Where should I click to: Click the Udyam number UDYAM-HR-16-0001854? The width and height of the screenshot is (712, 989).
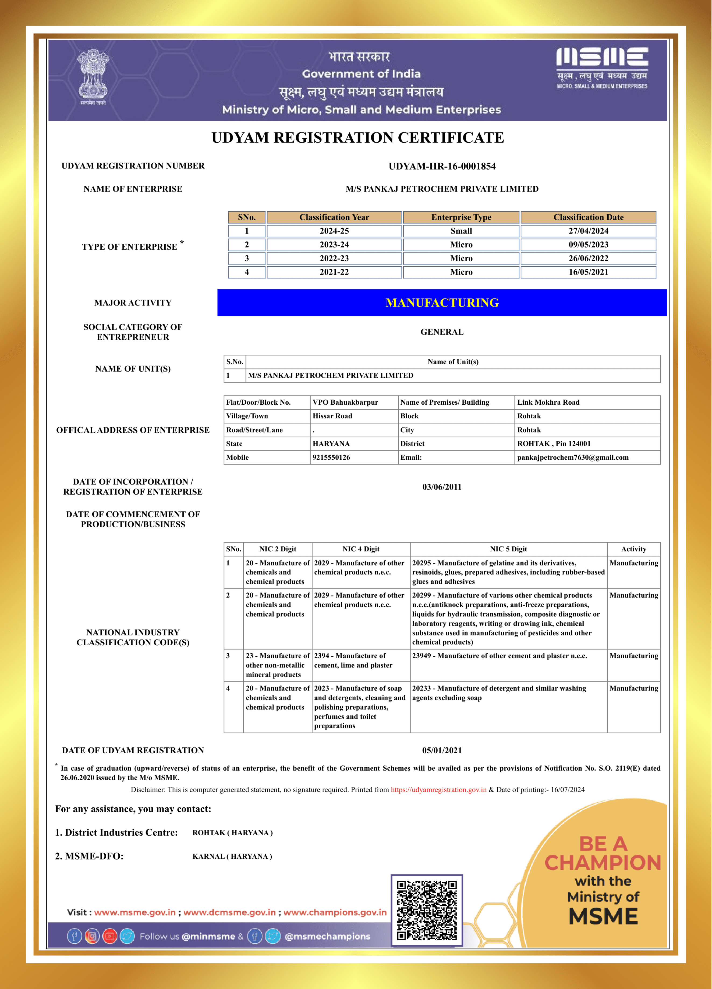tap(442, 166)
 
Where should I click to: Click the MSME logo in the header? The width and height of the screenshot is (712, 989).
tap(602, 68)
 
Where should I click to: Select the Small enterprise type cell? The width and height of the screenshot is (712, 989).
tap(461, 231)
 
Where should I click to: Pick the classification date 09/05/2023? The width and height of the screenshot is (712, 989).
tap(588, 245)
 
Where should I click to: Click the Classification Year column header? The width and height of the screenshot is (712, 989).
tap(334, 217)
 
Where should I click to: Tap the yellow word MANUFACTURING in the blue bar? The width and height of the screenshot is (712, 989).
tap(442, 303)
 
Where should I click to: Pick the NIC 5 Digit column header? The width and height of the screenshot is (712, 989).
tap(508, 549)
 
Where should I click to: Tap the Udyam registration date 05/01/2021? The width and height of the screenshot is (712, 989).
tap(442, 750)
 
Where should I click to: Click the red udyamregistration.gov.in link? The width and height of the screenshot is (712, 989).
tap(438, 790)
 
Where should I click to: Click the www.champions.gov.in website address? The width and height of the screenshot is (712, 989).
tap(335, 912)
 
